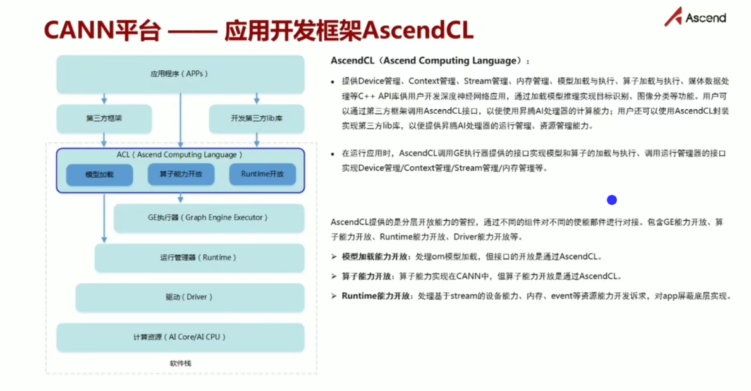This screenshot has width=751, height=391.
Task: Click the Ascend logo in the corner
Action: (695, 17)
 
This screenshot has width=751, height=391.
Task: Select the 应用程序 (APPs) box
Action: (180, 74)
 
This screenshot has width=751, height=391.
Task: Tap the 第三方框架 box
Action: (104, 118)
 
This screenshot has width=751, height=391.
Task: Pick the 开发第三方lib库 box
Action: (257, 118)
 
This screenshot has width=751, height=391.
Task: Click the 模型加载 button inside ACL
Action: (99, 174)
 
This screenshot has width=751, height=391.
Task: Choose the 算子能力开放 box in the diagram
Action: (180, 174)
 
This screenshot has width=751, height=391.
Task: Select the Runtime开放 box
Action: (262, 174)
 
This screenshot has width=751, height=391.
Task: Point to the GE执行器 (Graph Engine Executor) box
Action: (209, 218)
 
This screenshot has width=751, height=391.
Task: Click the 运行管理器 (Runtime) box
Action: (199, 258)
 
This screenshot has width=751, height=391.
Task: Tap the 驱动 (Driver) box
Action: (190, 297)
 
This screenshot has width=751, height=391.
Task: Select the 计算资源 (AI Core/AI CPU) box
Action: (180, 337)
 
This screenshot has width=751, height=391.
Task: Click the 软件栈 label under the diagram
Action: (180, 364)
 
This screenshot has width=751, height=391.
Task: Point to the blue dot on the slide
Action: (611, 200)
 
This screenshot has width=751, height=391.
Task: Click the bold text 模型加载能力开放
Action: (375, 257)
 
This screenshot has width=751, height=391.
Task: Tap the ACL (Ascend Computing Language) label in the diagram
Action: (180, 155)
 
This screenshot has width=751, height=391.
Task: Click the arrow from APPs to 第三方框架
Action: (104, 99)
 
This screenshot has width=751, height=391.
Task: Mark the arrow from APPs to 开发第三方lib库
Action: (257, 99)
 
